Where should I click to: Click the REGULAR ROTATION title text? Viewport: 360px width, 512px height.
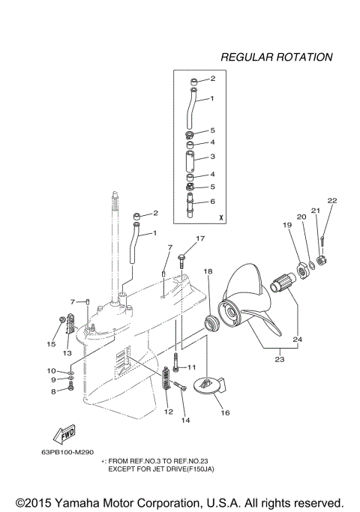[276, 57]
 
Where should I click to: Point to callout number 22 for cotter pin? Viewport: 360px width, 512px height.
[331, 201]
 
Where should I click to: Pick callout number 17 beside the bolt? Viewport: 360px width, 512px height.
[200, 239]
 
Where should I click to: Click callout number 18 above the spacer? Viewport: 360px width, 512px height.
[208, 271]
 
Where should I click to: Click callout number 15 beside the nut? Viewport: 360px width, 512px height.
[51, 344]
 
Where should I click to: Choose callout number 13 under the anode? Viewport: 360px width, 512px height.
[67, 352]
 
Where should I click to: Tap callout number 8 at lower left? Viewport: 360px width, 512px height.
[53, 391]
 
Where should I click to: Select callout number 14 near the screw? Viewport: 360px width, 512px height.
[185, 421]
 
